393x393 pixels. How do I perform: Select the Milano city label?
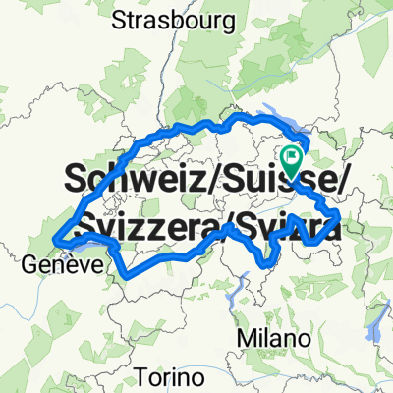(x=274, y=337)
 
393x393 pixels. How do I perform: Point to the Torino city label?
(x=169, y=376)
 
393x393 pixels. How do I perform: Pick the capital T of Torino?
(x=140, y=376)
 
